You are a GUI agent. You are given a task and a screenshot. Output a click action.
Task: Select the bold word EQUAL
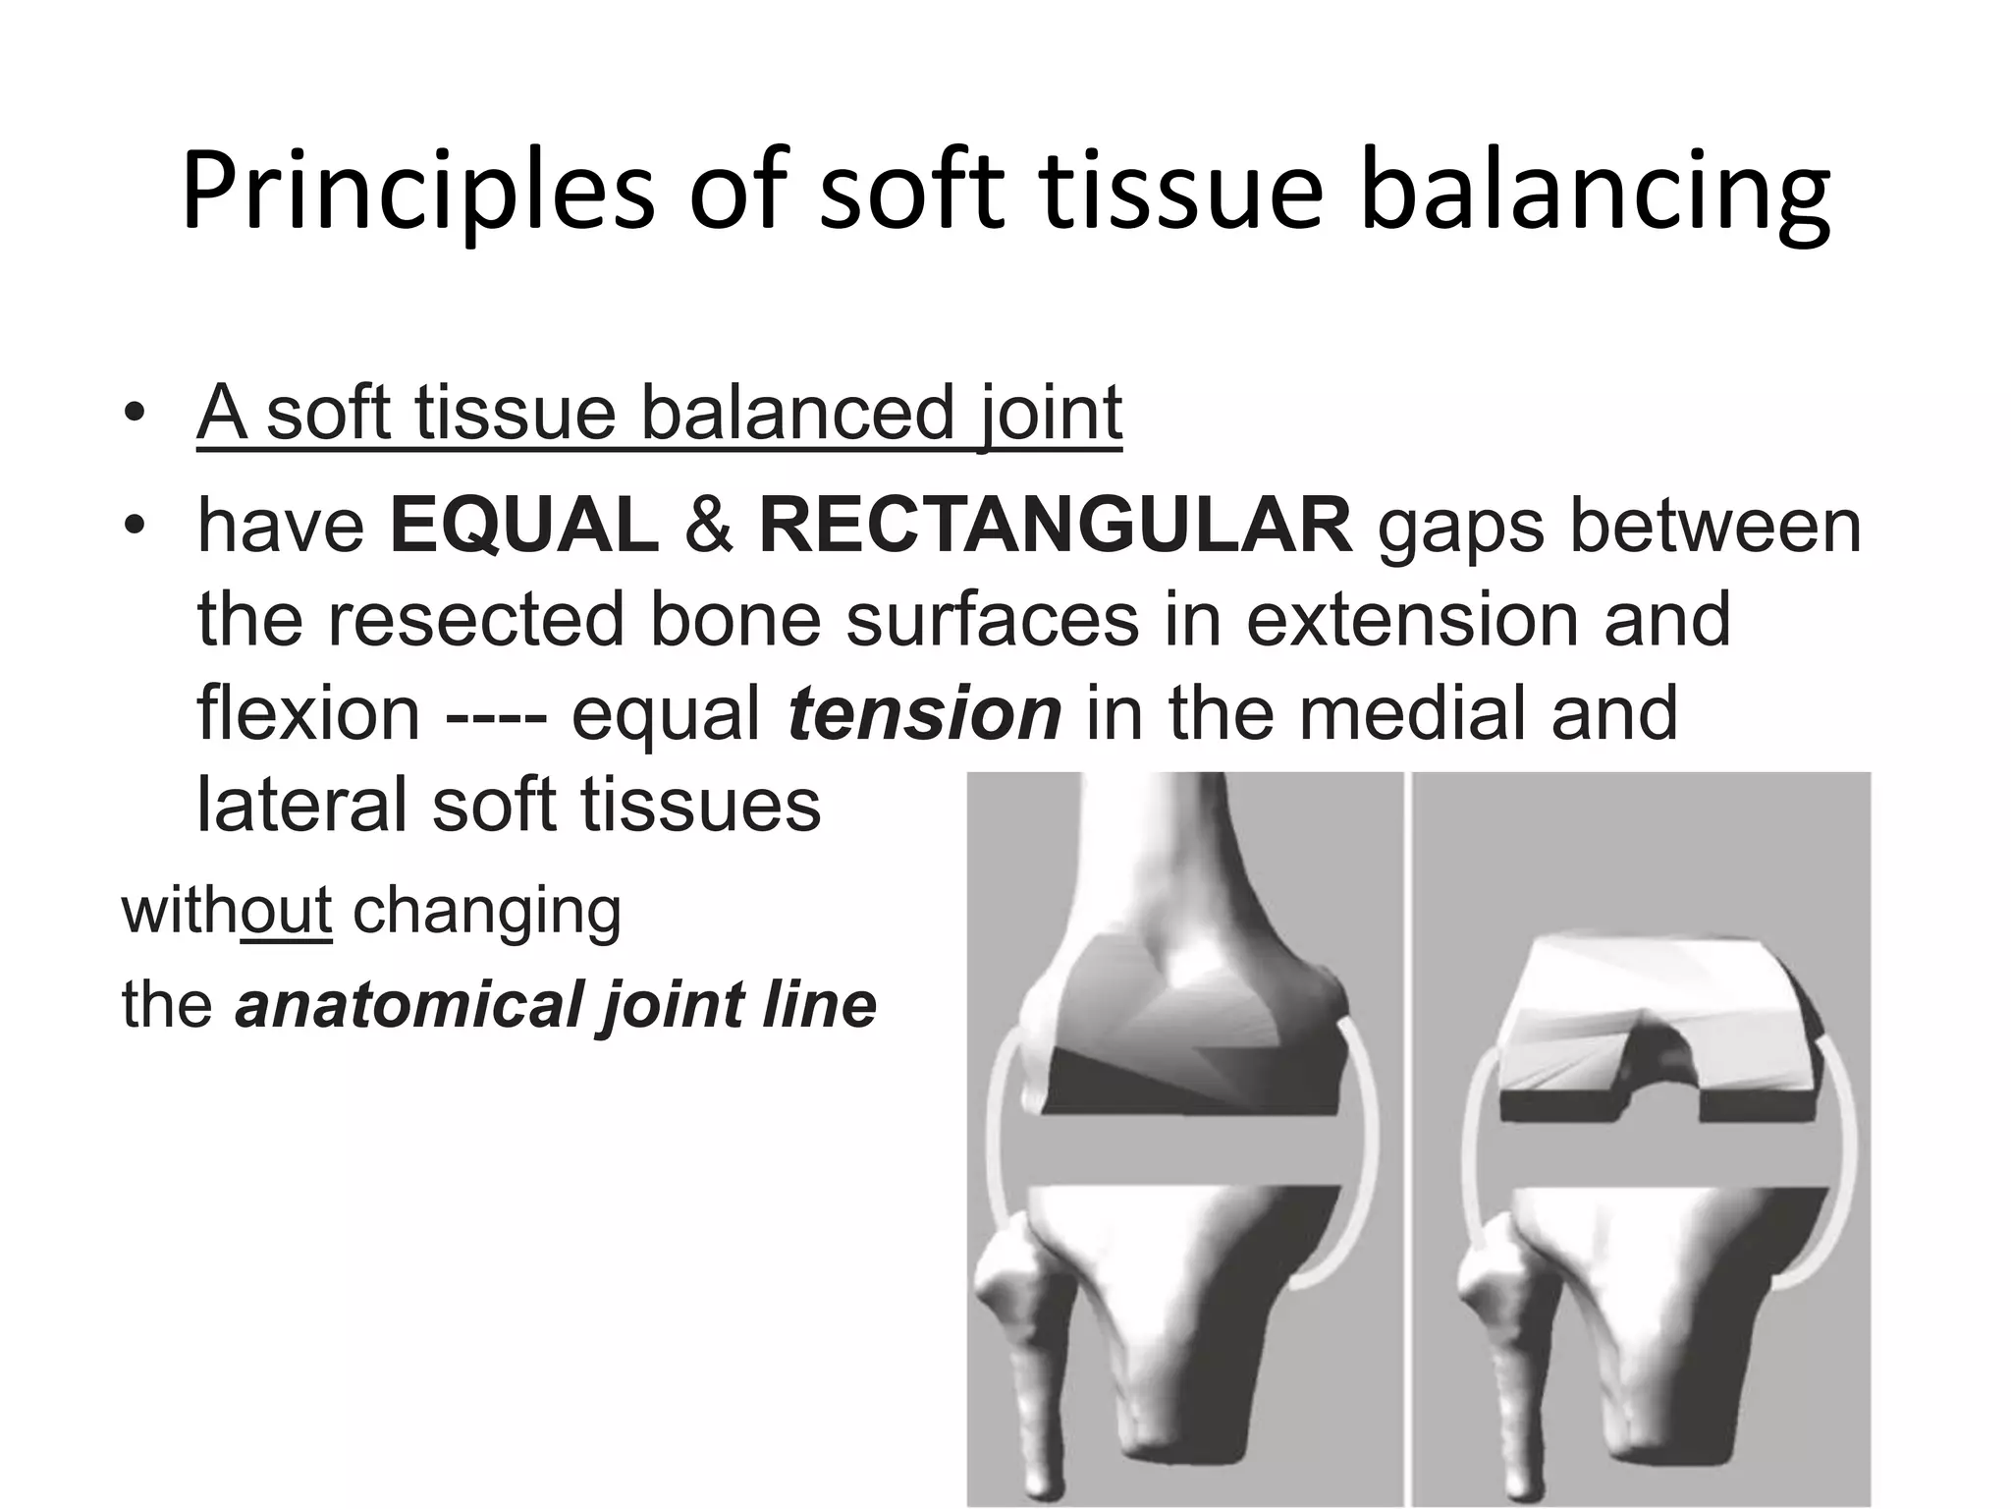click(x=524, y=526)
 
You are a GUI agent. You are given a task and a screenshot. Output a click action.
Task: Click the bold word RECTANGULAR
click(x=1056, y=526)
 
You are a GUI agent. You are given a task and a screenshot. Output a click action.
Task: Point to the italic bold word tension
click(x=924, y=713)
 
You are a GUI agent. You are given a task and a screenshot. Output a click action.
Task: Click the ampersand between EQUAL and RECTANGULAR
click(x=709, y=526)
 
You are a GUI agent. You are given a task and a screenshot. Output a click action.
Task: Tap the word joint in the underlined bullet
click(x=1050, y=413)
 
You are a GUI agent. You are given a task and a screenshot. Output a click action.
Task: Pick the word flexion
click(x=308, y=713)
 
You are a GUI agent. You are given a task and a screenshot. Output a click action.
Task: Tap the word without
click(x=227, y=910)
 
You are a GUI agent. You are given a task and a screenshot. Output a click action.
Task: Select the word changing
click(x=487, y=912)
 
